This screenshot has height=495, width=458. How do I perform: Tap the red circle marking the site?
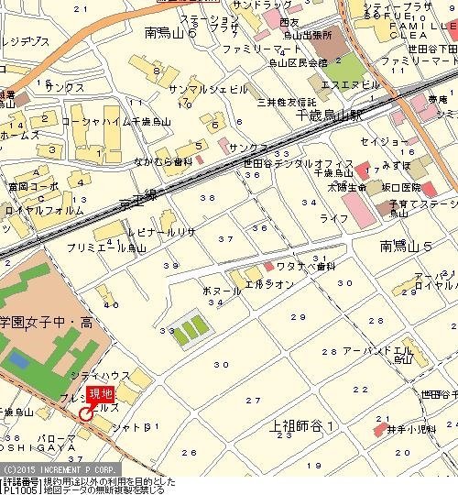click(85, 413)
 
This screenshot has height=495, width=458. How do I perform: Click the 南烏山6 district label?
click(178, 32)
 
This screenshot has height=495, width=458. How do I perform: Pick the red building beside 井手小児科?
click(380, 427)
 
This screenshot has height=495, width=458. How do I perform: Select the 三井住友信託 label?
click(287, 102)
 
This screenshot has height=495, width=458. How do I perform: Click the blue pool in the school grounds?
click(20, 357)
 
